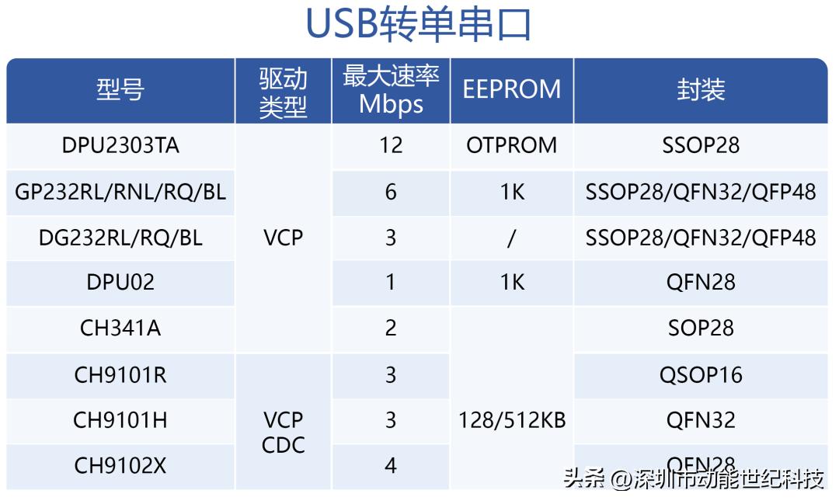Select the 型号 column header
(x=120, y=90)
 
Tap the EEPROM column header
(x=511, y=89)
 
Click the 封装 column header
(x=700, y=90)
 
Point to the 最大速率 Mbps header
(x=391, y=90)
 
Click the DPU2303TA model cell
(x=120, y=145)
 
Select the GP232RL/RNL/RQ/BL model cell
(x=120, y=192)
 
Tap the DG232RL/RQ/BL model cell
(x=120, y=238)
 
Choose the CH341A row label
(x=120, y=328)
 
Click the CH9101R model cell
(x=120, y=375)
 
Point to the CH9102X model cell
(x=120, y=466)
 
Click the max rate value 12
(x=391, y=145)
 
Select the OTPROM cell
(x=511, y=145)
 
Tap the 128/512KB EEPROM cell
(x=511, y=421)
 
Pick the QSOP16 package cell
(x=700, y=375)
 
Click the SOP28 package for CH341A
(x=700, y=328)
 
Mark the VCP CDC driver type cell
(x=283, y=433)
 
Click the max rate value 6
(x=391, y=192)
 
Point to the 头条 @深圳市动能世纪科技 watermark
(x=694, y=479)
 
